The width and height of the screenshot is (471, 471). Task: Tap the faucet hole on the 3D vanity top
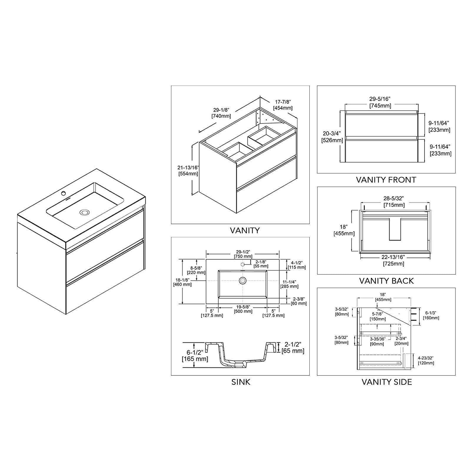point(63,193)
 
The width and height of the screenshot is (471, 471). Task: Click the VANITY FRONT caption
point(386,180)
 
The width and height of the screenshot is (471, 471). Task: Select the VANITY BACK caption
point(386,281)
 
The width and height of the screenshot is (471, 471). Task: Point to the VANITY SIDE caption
point(387,382)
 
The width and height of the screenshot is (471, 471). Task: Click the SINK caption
point(241,382)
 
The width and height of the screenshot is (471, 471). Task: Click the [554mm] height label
point(188,174)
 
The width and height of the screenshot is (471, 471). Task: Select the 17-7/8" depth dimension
point(282,102)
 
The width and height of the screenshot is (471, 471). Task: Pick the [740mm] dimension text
point(221,116)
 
